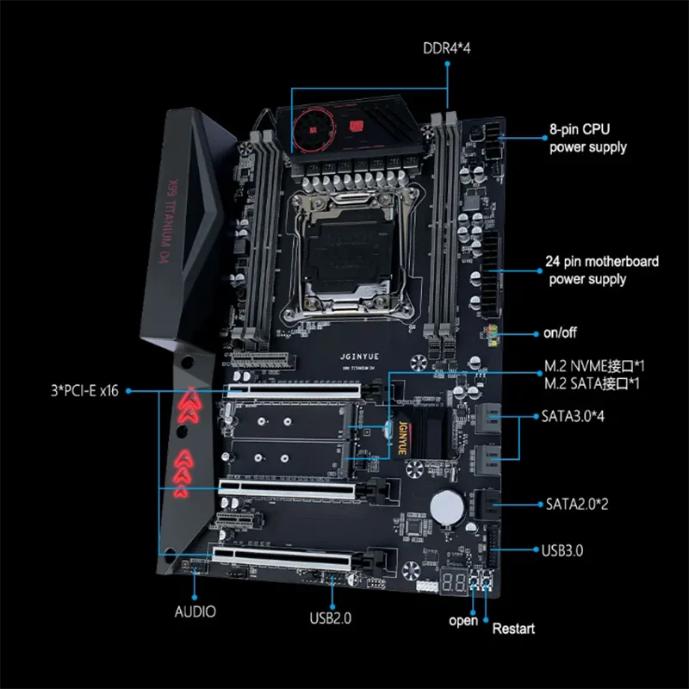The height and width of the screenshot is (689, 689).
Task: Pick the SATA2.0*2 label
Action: click(578, 503)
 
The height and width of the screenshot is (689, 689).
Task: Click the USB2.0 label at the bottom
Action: click(331, 617)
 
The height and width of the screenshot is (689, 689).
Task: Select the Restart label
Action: click(513, 629)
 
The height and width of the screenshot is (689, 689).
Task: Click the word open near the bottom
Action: click(463, 620)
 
